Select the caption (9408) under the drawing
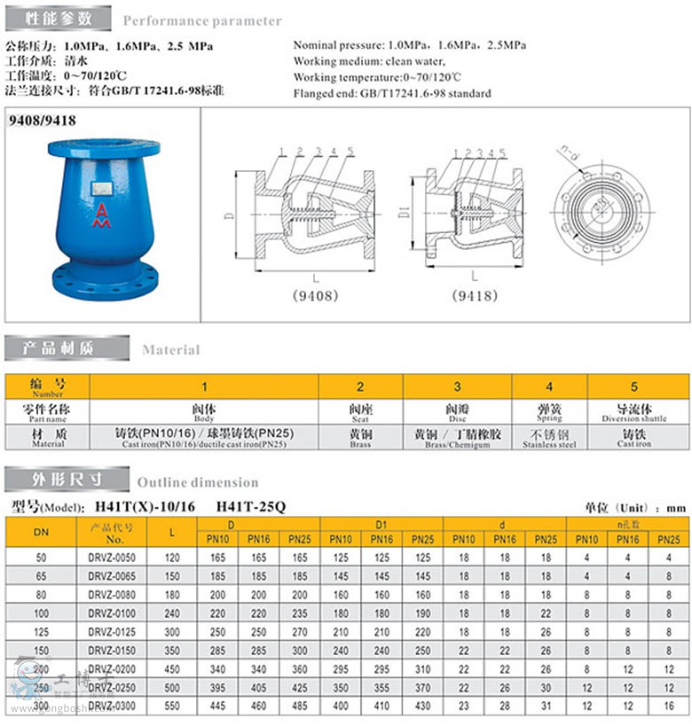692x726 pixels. (314, 295)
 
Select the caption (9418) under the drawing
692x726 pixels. (475, 295)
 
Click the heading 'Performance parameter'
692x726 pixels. (202, 20)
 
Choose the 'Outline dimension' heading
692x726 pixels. (198, 482)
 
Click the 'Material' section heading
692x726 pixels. (171, 349)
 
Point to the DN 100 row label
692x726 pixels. (42, 613)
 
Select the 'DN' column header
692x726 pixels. (42, 532)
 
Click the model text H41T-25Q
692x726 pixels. (251, 507)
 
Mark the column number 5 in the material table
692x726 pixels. (633, 386)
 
